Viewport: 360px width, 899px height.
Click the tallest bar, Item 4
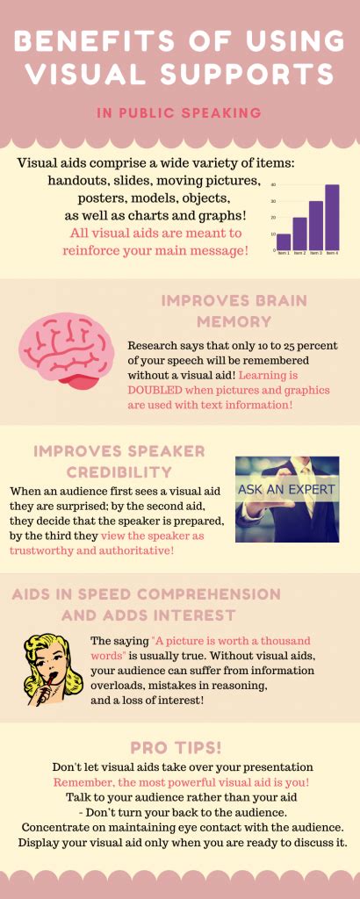332,218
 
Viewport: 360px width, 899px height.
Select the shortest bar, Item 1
284,242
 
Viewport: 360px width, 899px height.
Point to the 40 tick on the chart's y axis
273,185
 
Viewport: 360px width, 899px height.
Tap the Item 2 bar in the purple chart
299,234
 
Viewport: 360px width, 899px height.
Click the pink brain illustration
66,350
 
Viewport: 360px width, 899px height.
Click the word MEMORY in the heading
234,321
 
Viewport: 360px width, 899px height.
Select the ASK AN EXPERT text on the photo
286,491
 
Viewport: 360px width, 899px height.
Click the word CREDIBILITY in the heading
119,472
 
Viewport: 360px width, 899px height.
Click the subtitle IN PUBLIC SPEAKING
179,113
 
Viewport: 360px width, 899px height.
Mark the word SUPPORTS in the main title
252,74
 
